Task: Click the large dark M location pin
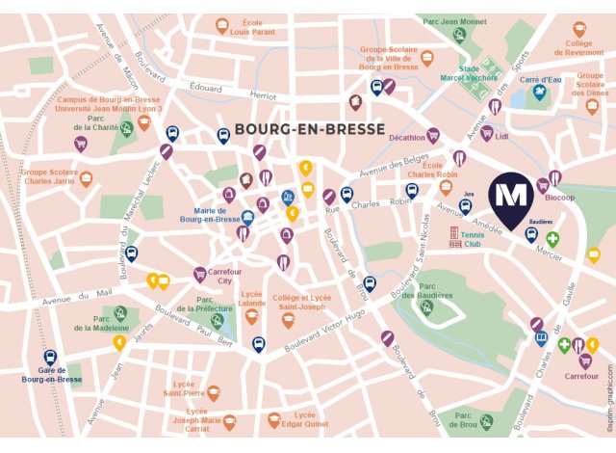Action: click(x=508, y=196)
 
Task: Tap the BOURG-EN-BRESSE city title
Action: click(x=309, y=129)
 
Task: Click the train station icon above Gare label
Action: click(x=50, y=357)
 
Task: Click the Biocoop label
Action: click(x=558, y=198)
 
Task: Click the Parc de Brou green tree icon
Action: click(x=487, y=421)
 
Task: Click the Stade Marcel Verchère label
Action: click(x=469, y=74)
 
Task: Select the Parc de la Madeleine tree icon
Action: click(x=120, y=313)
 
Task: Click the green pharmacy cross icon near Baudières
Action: click(x=552, y=238)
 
